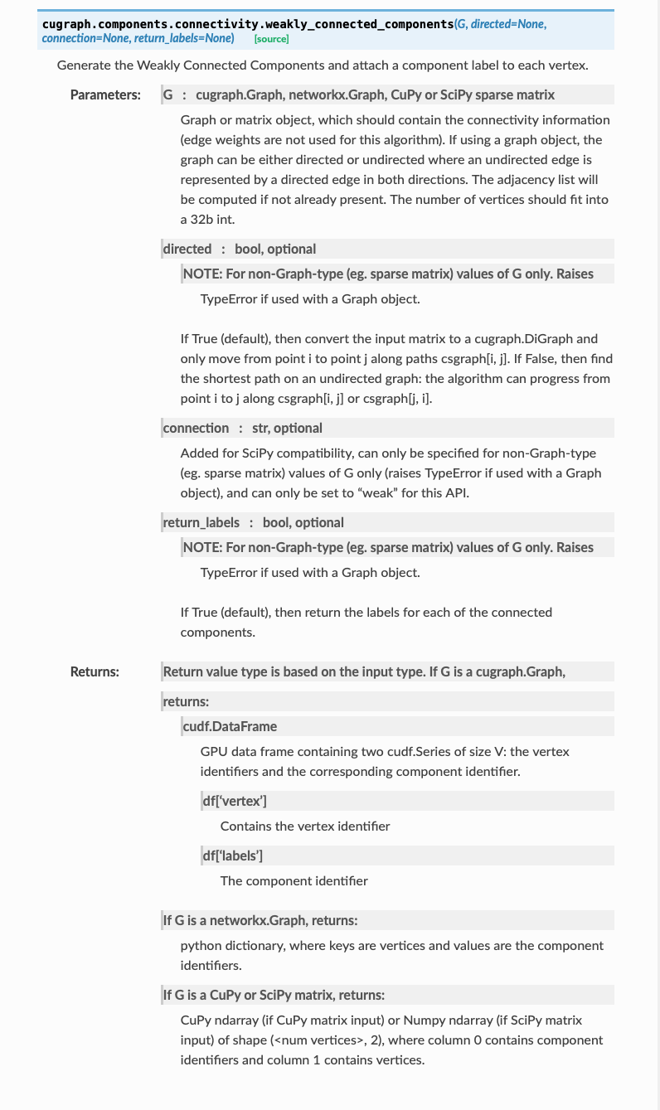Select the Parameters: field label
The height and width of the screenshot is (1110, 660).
coord(105,95)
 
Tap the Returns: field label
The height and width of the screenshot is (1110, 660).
coord(95,671)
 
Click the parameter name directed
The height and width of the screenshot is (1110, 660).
coord(187,249)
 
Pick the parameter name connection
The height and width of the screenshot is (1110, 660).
coord(196,428)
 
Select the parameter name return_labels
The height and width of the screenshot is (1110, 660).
coord(201,522)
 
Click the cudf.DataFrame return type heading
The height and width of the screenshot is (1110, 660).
coord(230,726)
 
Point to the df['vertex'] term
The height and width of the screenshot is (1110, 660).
coord(235,801)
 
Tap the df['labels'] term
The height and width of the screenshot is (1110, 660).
coord(233,856)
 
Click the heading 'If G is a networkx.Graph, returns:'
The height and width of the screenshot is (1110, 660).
coord(260,920)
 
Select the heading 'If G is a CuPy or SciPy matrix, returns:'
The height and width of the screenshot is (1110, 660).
coord(274,995)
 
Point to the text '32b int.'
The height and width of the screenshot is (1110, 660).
coord(204,219)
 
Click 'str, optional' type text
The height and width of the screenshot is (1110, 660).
coord(287,428)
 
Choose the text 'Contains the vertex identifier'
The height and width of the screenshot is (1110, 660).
coord(304,826)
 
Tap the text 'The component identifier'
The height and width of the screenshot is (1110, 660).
coord(294,880)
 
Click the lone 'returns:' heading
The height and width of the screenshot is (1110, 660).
coord(186,701)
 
